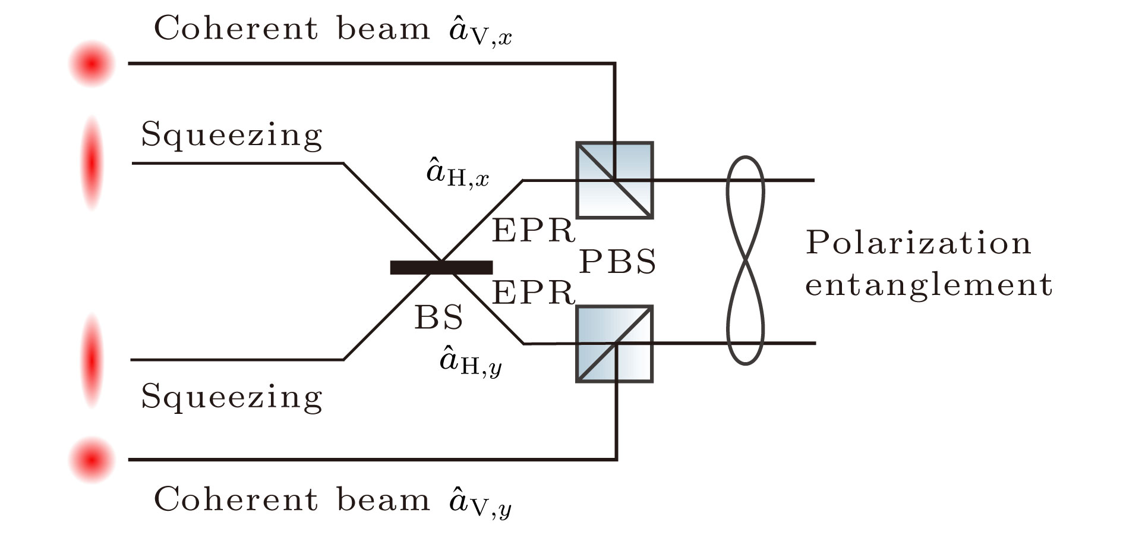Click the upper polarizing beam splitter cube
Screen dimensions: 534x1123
point(614,180)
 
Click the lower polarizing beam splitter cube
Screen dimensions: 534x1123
point(614,344)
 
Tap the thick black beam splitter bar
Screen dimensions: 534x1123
point(441,268)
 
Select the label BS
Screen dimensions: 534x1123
point(439,318)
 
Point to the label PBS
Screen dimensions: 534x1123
point(617,262)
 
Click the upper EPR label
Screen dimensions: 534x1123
point(533,231)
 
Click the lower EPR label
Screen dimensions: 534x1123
point(533,293)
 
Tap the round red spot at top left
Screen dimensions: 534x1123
point(92,63)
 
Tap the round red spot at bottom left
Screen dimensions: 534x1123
point(92,460)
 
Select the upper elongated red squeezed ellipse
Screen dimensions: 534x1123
point(92,163)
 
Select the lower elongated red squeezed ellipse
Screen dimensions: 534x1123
point(92,360)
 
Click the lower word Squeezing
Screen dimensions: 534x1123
point(231,397)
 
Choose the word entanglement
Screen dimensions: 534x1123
point(928,284)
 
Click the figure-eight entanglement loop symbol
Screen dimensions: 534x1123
point(745,260)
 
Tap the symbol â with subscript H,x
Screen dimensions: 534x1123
point(458,174)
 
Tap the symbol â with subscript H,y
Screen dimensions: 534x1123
point(470,362)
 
